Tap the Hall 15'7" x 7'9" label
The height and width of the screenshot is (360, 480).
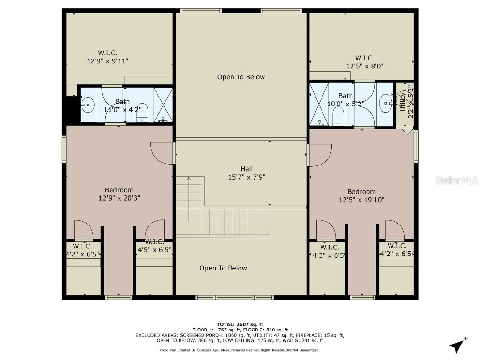247,173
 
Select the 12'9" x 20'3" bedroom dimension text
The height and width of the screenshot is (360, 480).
119,198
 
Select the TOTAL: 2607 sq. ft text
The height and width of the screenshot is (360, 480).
240,324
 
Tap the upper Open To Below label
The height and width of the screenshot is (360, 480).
241,77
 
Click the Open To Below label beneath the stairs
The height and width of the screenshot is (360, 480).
223,268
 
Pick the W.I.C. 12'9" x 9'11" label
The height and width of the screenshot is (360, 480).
108,57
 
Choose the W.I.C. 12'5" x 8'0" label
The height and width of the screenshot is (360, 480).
365,62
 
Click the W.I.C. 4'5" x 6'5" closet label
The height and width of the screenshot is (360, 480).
155,246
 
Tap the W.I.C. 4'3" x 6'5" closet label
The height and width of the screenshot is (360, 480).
329,251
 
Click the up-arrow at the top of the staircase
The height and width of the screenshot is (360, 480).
189,179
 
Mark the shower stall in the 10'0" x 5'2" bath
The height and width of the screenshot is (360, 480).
319,104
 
